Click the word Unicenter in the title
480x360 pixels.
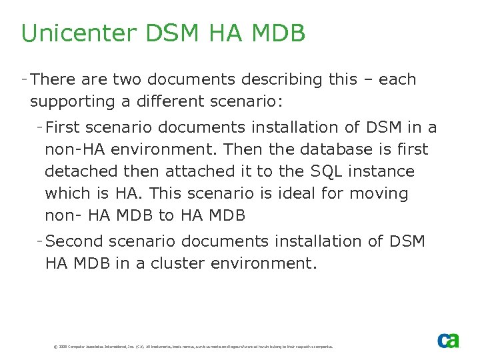(70, 33)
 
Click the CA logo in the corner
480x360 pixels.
(448, 340)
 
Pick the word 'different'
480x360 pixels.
(180, 102)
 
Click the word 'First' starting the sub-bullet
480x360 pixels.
(64, 127)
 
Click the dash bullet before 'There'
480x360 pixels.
(24, 79)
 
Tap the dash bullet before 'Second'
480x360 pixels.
(41, 240)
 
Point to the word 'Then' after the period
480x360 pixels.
(248, 149)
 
